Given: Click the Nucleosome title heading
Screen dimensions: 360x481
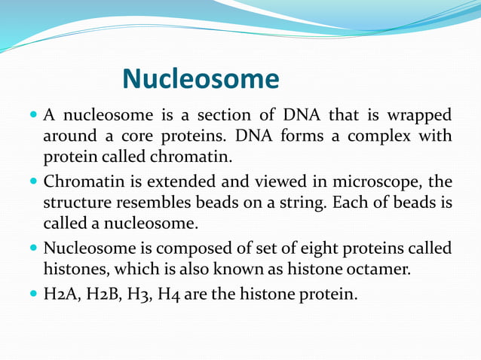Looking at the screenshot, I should [200, 78].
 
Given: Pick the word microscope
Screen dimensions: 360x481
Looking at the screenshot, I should [376, 182].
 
